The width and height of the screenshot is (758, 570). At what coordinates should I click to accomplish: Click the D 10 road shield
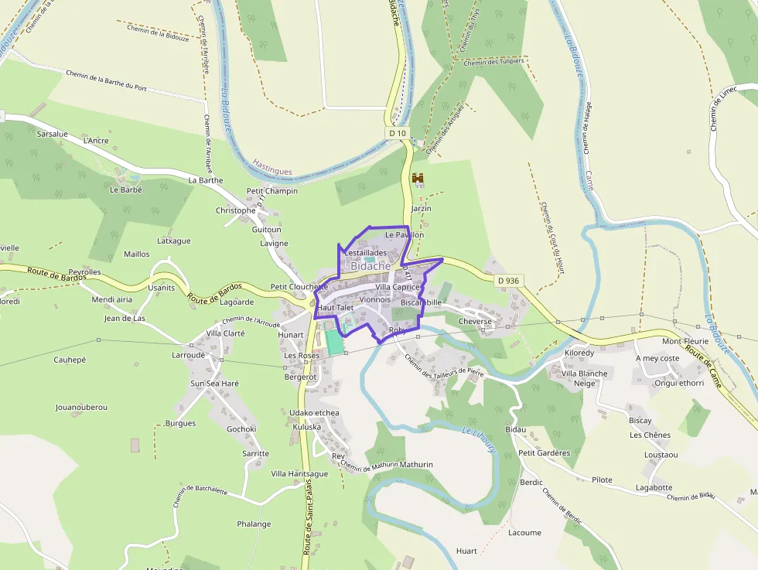point(397,133)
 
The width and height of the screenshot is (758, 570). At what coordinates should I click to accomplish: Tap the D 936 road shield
point(507,280)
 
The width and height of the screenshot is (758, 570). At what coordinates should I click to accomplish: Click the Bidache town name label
point(370,265)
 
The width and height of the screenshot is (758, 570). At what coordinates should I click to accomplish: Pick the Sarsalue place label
point(53,134)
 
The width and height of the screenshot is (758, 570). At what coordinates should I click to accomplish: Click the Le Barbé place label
point(126,189)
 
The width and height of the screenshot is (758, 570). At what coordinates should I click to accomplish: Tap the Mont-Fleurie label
point(685,341)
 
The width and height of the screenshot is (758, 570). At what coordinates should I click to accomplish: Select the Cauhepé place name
point(70,360)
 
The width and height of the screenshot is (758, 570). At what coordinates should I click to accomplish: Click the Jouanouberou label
point(81,407)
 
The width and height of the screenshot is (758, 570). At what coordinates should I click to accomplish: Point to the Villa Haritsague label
point(299,473)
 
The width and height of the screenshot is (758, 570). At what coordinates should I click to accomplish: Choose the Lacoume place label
point(524,533)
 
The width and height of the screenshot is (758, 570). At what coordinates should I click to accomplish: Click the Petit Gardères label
point(544,453)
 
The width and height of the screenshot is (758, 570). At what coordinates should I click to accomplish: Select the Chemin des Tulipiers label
point(493,62)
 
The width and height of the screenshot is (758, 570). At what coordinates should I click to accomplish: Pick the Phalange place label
point(254,524)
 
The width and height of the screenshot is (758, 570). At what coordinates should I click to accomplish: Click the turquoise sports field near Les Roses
point(334,342)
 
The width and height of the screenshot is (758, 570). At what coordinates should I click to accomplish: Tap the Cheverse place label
point(475,321)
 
